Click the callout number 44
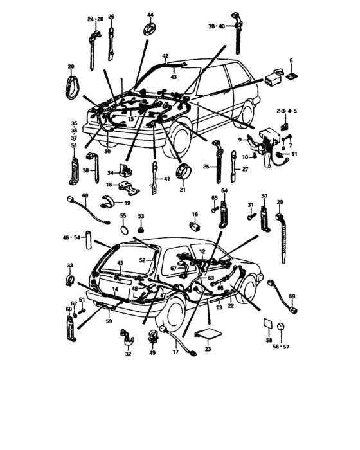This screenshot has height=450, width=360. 150,14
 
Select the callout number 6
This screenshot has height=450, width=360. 291,61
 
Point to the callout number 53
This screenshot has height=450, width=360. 141,217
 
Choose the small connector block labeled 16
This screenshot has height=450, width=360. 194,227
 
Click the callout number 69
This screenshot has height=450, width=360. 291,296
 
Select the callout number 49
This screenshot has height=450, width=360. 152,354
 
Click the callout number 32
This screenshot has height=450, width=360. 127,354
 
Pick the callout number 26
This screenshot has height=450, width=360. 111,17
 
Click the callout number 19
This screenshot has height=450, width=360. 127,203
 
